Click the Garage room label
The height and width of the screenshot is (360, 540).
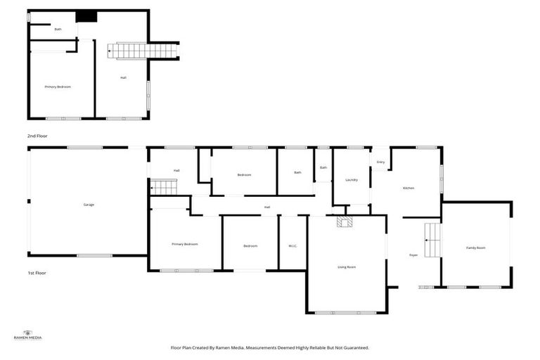tap(89, 205)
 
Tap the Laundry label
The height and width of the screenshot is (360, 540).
tap(352, 180)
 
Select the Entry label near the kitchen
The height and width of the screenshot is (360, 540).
tap(380, 162)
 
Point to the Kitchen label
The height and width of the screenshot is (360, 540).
tap(408, 188)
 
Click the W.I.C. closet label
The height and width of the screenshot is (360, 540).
tap(293, 245)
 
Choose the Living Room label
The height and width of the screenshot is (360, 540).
tap(347, 267)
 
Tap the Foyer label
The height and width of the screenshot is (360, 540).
tap(413, 255)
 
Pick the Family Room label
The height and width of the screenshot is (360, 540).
tap(476, 247)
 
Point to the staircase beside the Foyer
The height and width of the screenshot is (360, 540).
tap(432, 240)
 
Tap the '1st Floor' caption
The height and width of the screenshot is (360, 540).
tap(37, 273)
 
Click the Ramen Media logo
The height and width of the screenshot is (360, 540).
tap(28, 335)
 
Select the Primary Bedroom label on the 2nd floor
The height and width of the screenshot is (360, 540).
tap(58, 86)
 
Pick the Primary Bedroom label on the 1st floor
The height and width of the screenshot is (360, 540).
tap(184, 244)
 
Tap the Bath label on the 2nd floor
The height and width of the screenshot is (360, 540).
tap(58, 30)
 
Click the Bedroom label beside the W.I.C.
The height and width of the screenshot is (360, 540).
tap(250, 245)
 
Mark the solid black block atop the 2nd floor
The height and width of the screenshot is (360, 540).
tap(86, 15)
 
